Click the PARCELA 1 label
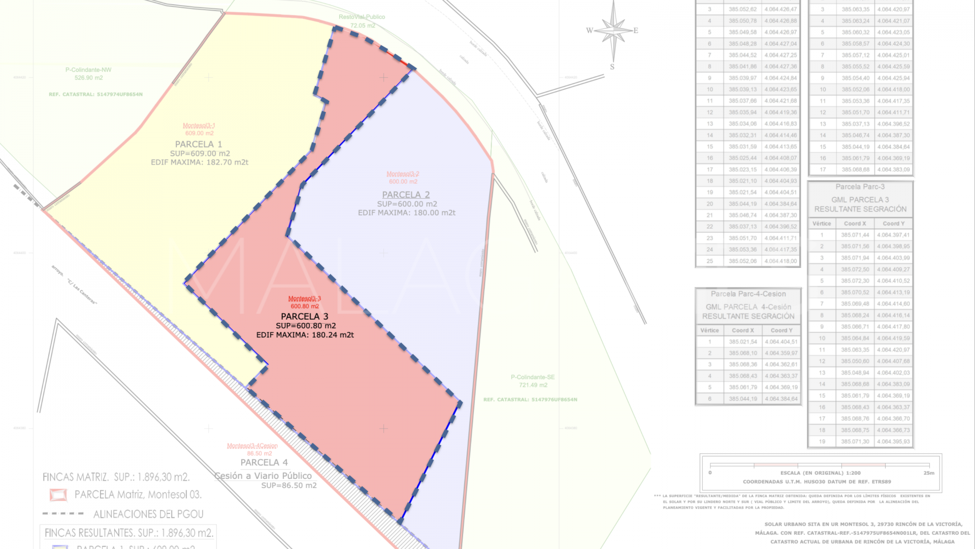click(199, 144)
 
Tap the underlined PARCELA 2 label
click(406, 195)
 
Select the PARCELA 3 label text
click(305, 316)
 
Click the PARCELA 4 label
click(264, 463)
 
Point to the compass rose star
click(613, 30)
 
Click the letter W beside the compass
click(590, 30)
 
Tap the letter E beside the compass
click(636, 30)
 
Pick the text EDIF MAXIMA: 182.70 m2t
click(200, 163)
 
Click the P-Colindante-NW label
click(88, 70)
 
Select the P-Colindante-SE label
click(533, 377)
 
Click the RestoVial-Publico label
click(362, 17)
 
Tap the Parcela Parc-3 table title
click(860, 187)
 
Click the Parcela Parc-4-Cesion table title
click(748, 294)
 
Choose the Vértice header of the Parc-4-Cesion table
click(709, 330)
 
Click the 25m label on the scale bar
click(928, 473)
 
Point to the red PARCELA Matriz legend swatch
click(58, 495)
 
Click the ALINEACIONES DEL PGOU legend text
click(148, 514)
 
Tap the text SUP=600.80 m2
click(306, 326)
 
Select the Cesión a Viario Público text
click(263, 476)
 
